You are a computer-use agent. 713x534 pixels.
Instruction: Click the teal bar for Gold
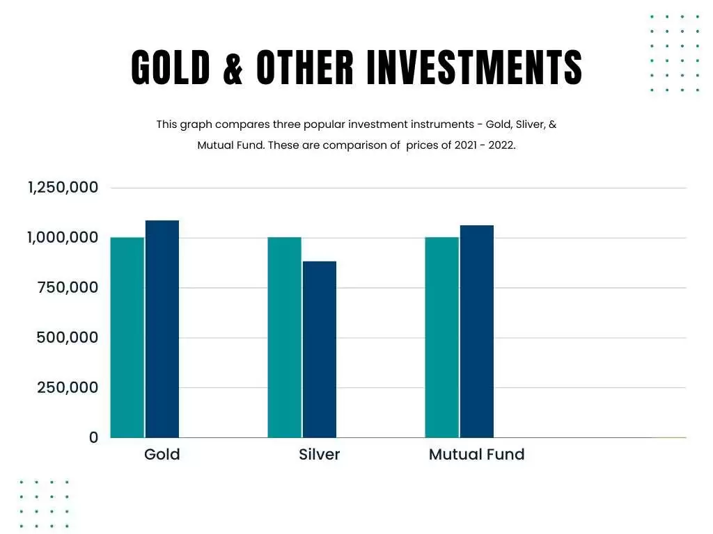[127, 337]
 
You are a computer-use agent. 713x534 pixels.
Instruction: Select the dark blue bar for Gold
[162, 329]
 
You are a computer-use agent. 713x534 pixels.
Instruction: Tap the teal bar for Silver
[285, 337]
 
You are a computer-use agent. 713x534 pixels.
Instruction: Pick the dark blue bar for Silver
[320, 349]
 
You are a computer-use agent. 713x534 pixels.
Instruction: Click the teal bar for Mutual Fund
[442, 337]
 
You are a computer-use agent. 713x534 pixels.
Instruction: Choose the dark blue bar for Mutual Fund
[477, 331]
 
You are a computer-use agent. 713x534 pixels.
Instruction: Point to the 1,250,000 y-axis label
[63, 188]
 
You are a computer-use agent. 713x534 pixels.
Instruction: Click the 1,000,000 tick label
[63, 238]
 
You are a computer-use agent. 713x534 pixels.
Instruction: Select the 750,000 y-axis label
[67, 288]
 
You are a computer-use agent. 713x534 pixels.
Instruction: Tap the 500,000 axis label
[67, 338]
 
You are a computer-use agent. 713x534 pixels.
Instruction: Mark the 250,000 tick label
[67, 388]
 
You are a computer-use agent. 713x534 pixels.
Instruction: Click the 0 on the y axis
[93, 437]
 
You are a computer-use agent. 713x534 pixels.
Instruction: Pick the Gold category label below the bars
[162, 455]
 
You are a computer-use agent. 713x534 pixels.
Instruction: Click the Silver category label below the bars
[320, 455]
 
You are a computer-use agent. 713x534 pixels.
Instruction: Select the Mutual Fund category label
[476, 455]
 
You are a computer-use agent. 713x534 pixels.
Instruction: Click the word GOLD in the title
[171, 68]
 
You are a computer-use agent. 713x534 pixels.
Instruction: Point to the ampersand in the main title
[233, 68]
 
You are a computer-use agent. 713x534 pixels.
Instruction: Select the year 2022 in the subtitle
[500, 146]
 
